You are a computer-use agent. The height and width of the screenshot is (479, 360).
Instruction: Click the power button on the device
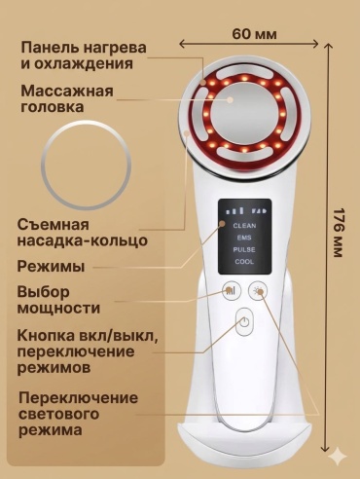pos(244,321)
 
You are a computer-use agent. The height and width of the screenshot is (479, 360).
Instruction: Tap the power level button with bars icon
pos(232,290)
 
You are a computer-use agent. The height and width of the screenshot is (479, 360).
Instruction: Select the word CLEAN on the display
pos(244,226)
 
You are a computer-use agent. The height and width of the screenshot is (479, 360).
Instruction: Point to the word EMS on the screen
pos(244,238)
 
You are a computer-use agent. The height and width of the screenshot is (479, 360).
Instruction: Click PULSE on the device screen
pos(244,249)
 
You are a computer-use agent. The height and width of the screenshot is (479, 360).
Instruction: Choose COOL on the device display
pos(244,262)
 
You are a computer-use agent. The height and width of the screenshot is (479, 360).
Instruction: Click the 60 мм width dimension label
pos(255,34)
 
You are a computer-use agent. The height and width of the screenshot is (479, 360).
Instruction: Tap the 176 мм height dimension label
pos(338,233)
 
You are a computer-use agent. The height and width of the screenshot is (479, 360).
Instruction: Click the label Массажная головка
pos(67,98)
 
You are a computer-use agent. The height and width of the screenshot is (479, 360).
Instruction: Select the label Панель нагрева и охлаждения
pos(84,55)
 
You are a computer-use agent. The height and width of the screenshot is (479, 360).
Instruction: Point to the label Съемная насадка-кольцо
pos(83,233)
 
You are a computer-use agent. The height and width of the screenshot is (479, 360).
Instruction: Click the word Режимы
pos(51,267)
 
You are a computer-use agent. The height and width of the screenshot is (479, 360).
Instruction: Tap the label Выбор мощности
pos(58,300)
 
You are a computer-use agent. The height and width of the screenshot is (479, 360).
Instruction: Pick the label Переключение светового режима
pos(78,414)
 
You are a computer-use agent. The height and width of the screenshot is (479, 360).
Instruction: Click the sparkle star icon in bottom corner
pos(338,457)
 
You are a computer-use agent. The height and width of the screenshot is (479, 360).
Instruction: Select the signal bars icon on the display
pos(234,210)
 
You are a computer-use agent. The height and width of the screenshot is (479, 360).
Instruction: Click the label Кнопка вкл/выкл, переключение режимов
pos(88,351)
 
